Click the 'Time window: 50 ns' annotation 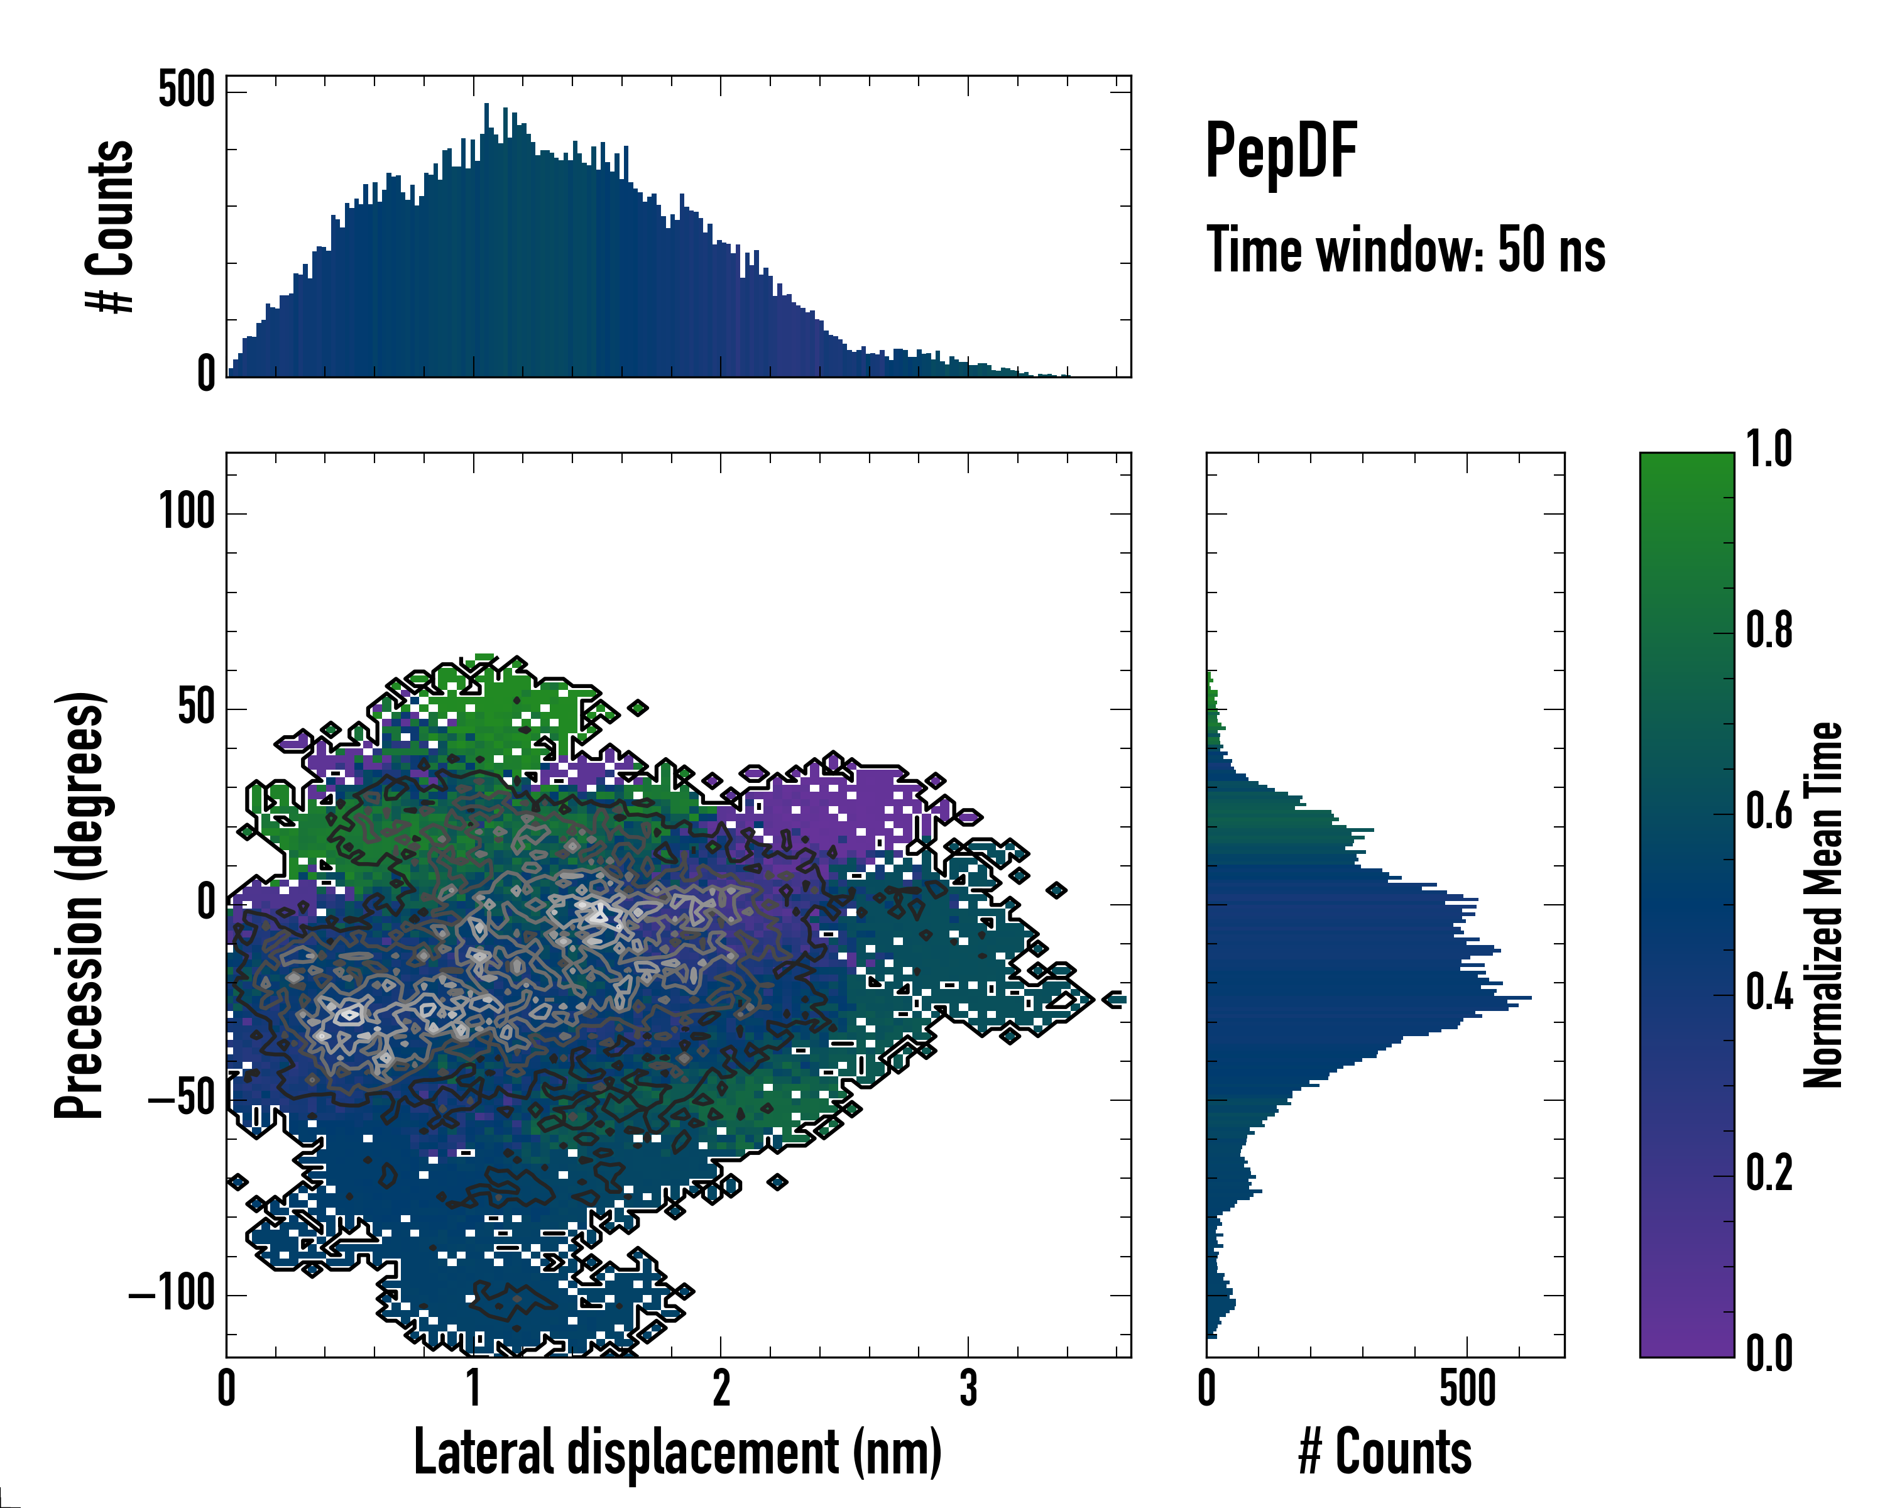[x=1405, y=250]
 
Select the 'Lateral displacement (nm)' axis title [x=677, y=1452]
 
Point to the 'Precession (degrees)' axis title [x=80, y=905]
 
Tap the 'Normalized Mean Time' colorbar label [x=1823, y=905]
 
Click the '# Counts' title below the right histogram [x=1385, y=1452]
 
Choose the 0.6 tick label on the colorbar [x=1769, y=812]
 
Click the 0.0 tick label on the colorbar [x=1769, y=1354]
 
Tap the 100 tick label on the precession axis [x=187, y=511]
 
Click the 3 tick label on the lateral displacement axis [x=968, y=1388]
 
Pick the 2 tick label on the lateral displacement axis [x=721, y=1388]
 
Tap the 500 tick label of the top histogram [x=186, y=89]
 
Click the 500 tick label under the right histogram [x=1467, y=1388]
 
